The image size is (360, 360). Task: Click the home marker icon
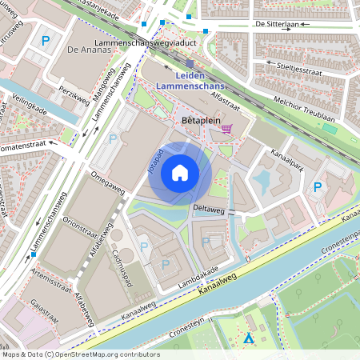[x=180, y=172]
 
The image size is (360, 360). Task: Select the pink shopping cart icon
[x=228, y=128]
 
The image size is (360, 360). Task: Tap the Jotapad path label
[x=157, y=160]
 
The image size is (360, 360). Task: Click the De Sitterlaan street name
[x=277, y=25]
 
